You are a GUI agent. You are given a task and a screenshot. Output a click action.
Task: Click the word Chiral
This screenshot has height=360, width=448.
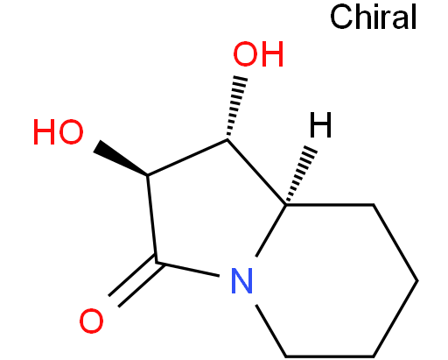coord(374,17)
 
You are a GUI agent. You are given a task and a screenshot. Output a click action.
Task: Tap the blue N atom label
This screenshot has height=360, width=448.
coord(241,280)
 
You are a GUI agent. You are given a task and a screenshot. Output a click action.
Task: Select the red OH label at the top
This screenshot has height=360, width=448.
coord(258,54)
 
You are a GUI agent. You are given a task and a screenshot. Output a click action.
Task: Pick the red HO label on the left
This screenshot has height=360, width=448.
coord(59,131)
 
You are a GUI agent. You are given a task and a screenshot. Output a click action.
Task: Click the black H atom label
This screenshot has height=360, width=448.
coord(320,125)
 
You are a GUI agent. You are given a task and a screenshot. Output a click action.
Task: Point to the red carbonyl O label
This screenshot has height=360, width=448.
coord(91,321)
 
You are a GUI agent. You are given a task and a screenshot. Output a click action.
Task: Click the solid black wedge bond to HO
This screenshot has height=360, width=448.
coord(121,159)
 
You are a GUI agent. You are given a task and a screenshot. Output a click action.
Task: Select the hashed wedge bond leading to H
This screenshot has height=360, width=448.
coord(299,174)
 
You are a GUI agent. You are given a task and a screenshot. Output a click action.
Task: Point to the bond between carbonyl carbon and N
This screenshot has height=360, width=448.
coord(188,269)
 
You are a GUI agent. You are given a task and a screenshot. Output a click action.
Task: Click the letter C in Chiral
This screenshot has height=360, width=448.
coord(341,18)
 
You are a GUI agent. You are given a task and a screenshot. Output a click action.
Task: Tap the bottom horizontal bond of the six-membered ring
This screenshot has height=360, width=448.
coord(330,356)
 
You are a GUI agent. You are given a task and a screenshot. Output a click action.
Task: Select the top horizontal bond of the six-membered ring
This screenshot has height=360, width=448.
coord(330,205)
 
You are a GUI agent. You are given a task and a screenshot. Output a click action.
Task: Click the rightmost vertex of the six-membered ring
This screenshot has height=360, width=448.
coord(417,280)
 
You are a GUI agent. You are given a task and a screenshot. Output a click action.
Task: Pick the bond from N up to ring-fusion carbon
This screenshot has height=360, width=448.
coord(270,230)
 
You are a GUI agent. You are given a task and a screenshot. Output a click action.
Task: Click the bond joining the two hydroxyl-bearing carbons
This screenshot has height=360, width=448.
coord(187,158)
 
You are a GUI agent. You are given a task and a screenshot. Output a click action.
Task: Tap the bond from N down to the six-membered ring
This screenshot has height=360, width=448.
coord(270,330)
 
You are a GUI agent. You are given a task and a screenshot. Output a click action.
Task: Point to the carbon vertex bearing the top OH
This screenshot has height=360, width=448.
coord(227,140)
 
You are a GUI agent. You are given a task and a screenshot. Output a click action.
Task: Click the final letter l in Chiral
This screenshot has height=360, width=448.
coord(414,18)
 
